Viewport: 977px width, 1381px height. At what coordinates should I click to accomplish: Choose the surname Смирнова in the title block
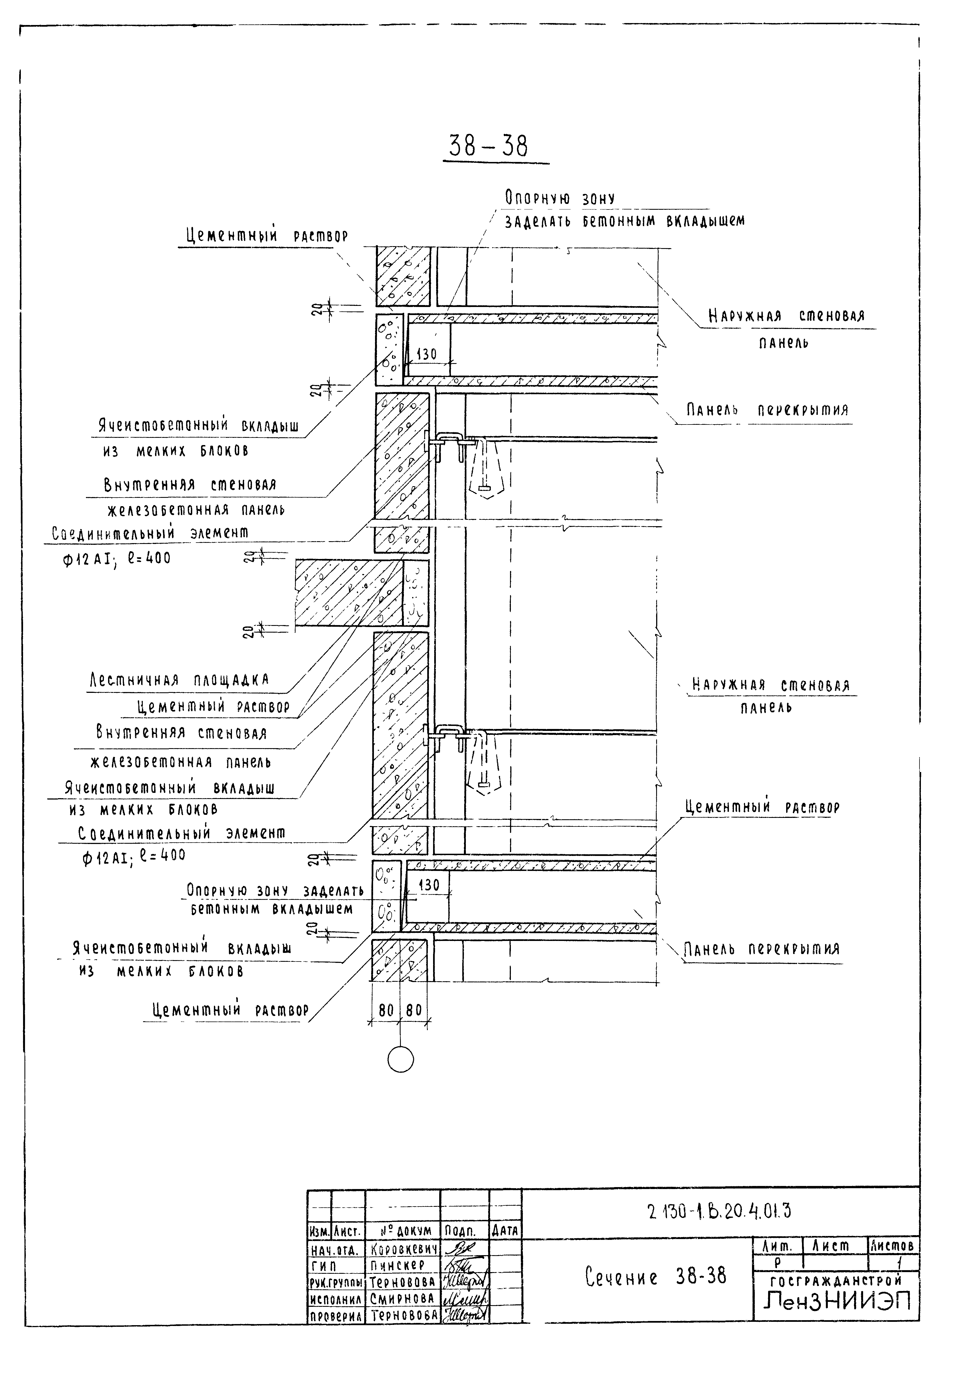click(x=402, y=1298)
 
